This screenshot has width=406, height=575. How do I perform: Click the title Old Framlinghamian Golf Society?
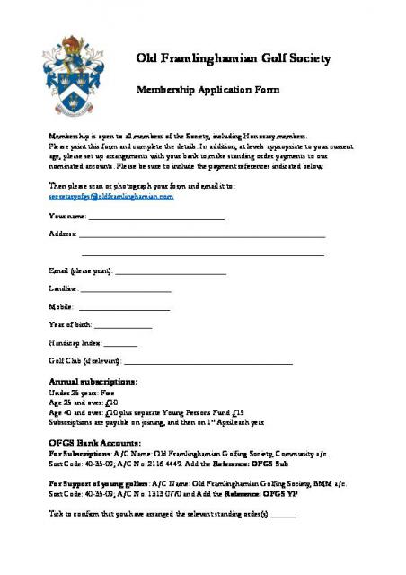click(x=234, y=58)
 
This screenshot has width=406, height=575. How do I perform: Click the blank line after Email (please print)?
click(x=171, y=271)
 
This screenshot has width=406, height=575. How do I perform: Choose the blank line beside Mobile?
click(x=124, y=307)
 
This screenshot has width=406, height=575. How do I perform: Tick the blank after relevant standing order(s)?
click(x=283, y=515)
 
